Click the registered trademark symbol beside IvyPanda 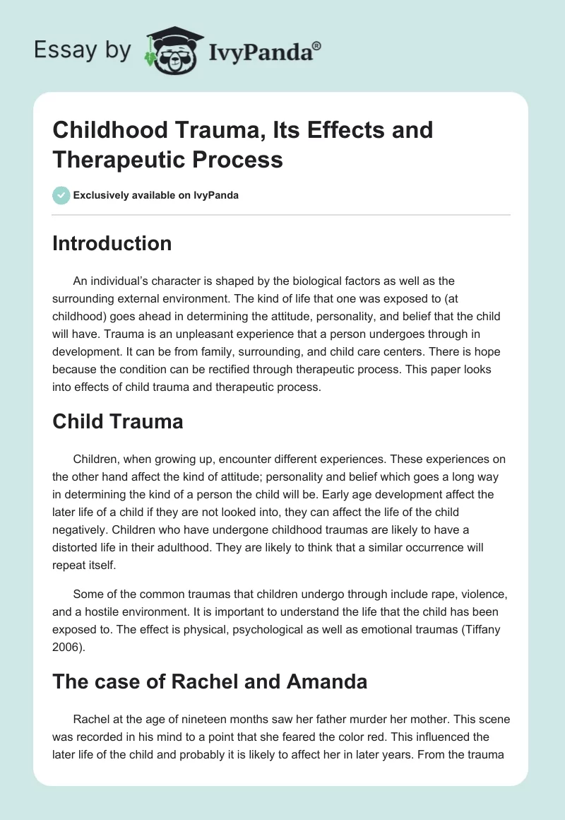[317, 45]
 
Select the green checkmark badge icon [61, 195]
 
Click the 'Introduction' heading [112, 243]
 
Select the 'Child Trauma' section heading [117, 421]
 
